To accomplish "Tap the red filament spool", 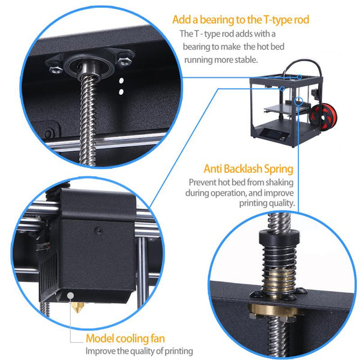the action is (x=323, y=116).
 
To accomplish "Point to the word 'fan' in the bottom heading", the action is (x=158, y=338).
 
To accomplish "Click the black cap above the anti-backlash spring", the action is (x=279, y=237).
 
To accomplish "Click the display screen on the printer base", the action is (x=268, y=133).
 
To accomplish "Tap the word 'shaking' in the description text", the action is (x=280, y=183).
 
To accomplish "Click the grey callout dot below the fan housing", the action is (x=70, y=295).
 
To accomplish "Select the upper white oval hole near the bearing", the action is (x=121, y=80).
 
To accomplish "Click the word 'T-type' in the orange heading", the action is (x=277, y=20).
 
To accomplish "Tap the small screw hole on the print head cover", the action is (x=98, y=230).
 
